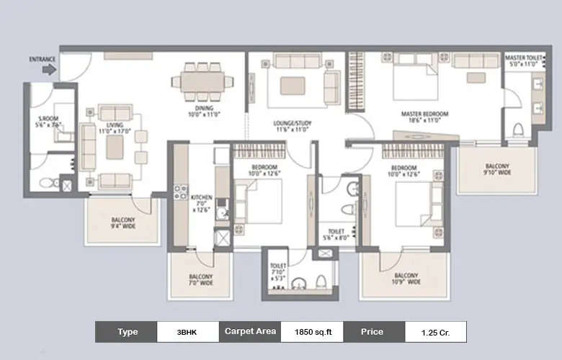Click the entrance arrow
coord(49,70)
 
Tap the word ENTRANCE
coord(43,58)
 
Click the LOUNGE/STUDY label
coord(291,127)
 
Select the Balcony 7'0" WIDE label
coord(200,280)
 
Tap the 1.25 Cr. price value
coord(434,332)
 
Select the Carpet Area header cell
coord(250,332)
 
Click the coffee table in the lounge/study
coord(293,86)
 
